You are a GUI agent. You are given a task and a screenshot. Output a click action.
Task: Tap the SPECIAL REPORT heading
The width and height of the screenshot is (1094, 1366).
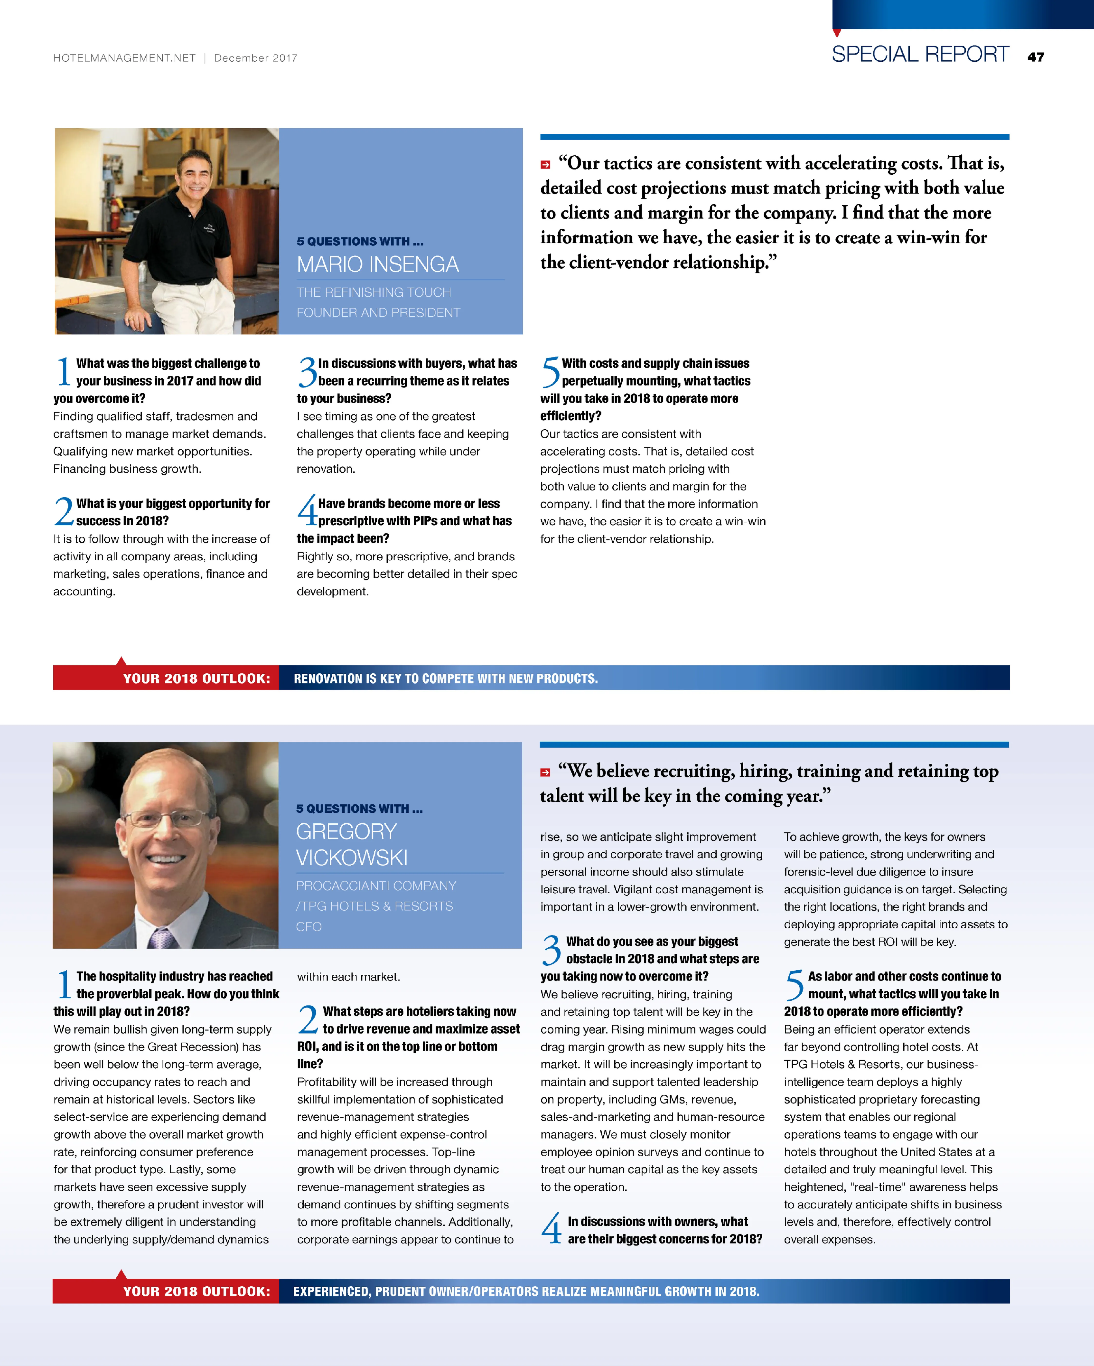[920, 55]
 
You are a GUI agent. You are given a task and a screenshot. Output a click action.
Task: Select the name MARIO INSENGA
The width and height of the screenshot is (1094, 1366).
[378, 264]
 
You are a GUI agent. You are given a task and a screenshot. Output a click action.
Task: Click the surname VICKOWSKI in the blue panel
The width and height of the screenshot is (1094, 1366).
[352, 858]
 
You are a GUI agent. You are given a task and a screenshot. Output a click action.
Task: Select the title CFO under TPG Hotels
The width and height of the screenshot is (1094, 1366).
[309, 926]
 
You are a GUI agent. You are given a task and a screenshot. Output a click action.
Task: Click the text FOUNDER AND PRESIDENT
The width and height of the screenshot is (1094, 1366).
[378, 312]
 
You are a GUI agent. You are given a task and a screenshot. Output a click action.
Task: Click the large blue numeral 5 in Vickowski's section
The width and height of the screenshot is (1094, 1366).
[794, 985]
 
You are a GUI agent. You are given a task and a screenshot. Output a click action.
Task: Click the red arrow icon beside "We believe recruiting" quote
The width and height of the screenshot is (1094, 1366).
[545, 772]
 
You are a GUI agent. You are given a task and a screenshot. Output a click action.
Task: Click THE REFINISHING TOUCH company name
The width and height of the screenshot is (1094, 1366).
[374, 292]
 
